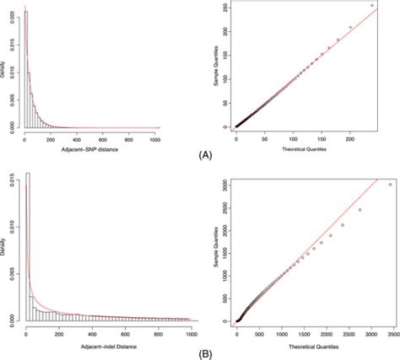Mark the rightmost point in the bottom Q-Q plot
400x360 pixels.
point(390,184)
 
